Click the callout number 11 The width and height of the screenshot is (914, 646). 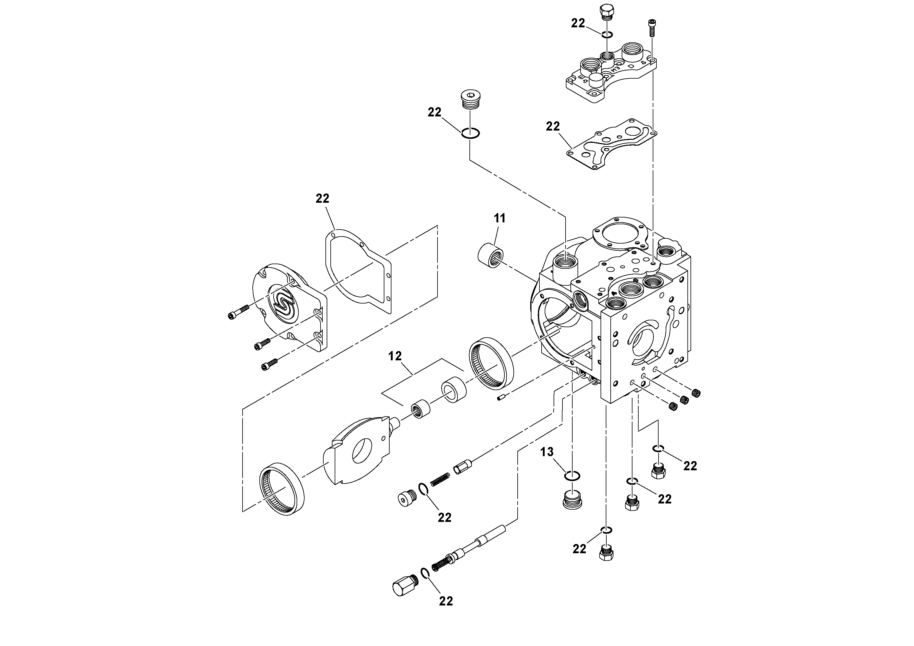(499, 218)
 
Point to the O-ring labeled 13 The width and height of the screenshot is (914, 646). (572, 475)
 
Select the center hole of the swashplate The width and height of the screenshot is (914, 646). (362, 450)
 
